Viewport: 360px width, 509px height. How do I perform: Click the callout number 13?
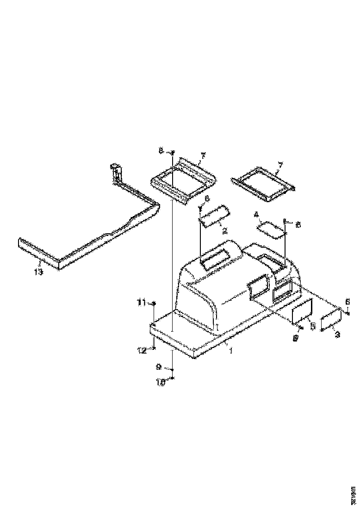click(38, 272)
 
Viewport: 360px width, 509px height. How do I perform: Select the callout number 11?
click(141, 303)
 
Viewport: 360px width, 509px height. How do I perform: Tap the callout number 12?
click(142, 351)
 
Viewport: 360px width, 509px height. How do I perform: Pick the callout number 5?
click(312, 326)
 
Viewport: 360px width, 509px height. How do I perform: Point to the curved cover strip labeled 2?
click(214, 216)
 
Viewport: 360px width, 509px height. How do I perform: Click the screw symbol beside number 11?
click(154, 303)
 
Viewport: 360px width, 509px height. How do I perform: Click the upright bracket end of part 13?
click(116, 174)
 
